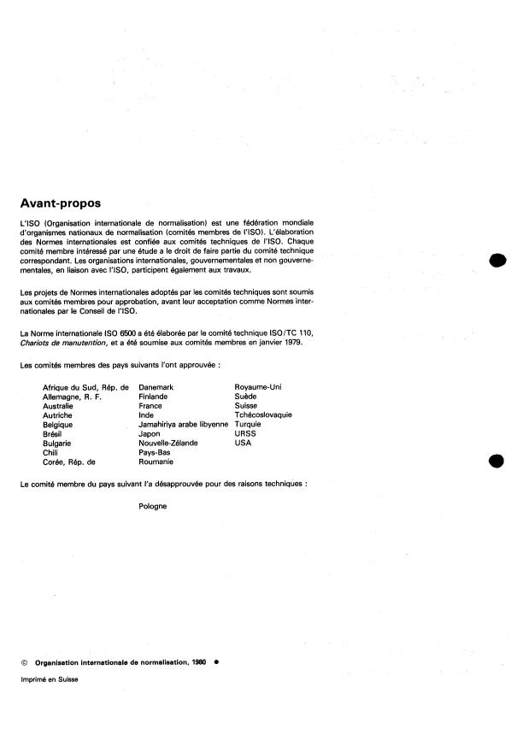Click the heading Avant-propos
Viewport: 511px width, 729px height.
60,203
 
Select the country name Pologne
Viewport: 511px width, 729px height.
153,505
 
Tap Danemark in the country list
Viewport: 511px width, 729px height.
156,387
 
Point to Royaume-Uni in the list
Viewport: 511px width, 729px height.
257,387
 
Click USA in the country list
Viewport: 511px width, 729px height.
243,443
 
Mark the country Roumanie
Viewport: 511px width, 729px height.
156,462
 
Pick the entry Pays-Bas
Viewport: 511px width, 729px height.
155,452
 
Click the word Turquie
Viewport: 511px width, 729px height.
248,424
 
